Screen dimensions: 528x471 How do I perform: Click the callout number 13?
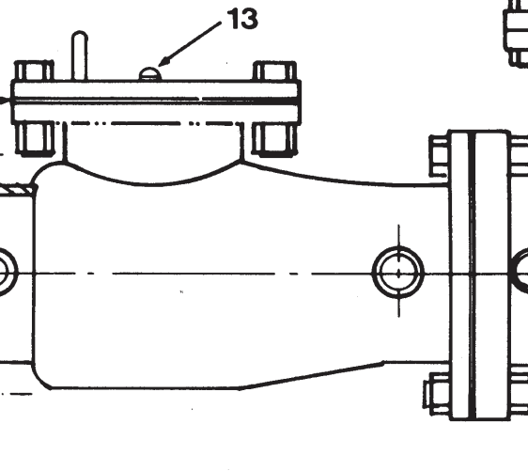(x=242, y=19)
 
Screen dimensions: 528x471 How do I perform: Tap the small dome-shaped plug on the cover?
(x=150, y=73)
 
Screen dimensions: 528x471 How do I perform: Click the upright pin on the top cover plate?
(x=80, y=55)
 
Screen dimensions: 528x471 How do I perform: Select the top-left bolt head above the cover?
(x=35, y=71)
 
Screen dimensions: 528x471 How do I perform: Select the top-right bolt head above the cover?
(x=274, y=71)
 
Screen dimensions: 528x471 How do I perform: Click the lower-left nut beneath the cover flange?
(x=36, y=139)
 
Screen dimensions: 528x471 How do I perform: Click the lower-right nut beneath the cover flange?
(x=274, y=139)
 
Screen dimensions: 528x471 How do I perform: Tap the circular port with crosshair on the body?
(x=398, y=272)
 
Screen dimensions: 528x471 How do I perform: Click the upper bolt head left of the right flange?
(x=439, y=156)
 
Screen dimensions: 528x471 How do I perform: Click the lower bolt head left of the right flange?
(x=437, y=392)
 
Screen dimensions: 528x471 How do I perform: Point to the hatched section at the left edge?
(x=17, y=190)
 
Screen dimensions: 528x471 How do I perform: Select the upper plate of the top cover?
(x=156, y=89)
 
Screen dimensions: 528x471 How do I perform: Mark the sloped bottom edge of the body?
(x=312, y=376)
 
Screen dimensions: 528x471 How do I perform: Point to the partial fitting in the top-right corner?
(x=516, y=34)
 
